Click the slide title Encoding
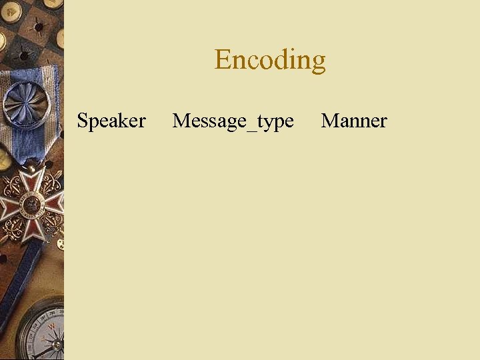click(270, 60)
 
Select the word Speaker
click(111, 121)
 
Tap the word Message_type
click(233, 121)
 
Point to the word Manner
click(353, 121)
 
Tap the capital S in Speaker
click(83, 121)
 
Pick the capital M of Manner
click(329, 121)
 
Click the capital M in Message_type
click(181, 121)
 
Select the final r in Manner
click(383, 123)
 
